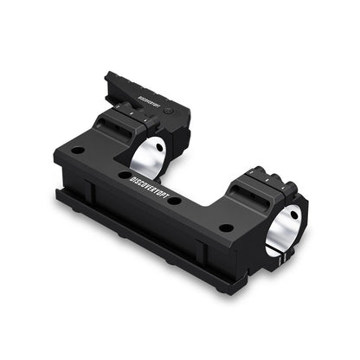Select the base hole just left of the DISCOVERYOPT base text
click(124, 175)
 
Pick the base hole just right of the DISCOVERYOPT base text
click(175, 201)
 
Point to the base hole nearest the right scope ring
click(226, 228)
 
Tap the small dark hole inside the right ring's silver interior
click(292, 227)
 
